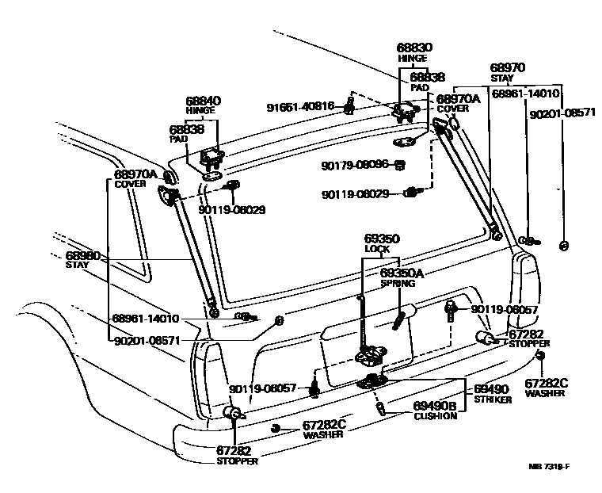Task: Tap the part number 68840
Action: pos(204,101)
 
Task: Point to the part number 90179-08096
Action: pos(355,165)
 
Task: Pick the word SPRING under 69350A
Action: pos(398,283)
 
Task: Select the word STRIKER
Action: pos(493,399)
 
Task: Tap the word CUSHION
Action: pos(435,415)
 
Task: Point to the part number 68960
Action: pos(82,255)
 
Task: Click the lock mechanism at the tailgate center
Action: pos(368,355)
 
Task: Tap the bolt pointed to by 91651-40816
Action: pos(349,105)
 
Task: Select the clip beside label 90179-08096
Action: pos(400,165)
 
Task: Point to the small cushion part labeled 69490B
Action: pos(381,408)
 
